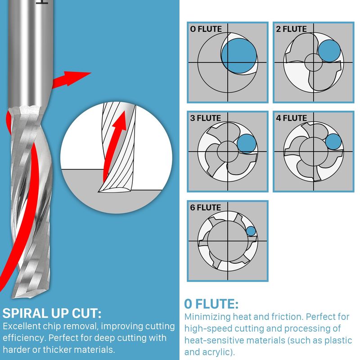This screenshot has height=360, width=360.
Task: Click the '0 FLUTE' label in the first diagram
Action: tap(206, 29)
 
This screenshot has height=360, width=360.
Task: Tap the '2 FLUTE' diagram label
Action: tap(291, 29)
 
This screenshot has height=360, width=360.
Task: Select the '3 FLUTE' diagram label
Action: tap(206, 119)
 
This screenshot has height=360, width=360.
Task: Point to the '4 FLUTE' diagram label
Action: tap(291, 119)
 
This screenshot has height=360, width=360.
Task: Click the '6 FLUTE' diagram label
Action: tap(206, 208)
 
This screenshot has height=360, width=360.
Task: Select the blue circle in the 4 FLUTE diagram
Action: tap(333, 142)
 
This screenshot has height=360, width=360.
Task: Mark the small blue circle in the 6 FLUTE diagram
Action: tap(251, 231)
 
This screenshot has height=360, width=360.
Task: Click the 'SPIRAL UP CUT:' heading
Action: tap(52, 313)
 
